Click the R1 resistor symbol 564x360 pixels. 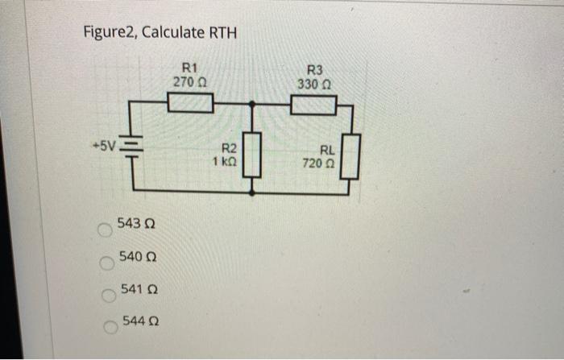click(x=191, y=103)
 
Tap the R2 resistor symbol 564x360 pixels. click(x=253, y=155)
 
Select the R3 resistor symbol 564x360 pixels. click(x=313, y=105)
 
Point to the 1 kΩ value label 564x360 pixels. click(x=226, y=161)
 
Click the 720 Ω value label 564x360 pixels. click(x=321, y=162)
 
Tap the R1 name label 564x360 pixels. click(x=191, y=68)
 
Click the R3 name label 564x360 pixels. click(x=314, y=71)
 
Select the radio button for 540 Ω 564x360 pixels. click(x=105, y=262)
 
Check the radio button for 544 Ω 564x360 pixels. click(x=107, y=326)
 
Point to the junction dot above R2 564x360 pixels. click(x=253, y=103)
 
